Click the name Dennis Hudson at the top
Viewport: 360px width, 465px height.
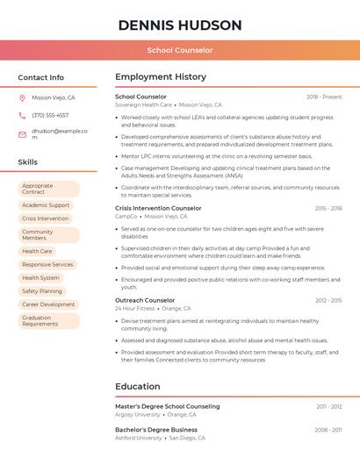pyautogui.click(x=180, y=25)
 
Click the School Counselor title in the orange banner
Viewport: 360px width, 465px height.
pyautogui.click(x=180, y=50)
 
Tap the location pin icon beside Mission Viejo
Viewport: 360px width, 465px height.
pyautogui.click(x=22, y=98)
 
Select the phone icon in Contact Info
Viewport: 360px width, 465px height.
pyautogui.click(x=22, y=115)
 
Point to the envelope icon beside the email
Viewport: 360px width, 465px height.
pyautogui.click(x=22, y=134)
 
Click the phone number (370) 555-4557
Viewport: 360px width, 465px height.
pyautogui.click(x=50, y=115)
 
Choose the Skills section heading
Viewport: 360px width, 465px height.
pyautogui.click(x=28, y=162)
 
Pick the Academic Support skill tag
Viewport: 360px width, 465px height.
pyautogui.click(x=46, y=205)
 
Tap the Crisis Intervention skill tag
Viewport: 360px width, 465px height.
pyautogui.click(x=45, y=218)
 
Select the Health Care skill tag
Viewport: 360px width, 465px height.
pyautogui.click(x=37, y=251)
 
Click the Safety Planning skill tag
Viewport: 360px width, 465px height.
pyautogui.click(x=42, y=290)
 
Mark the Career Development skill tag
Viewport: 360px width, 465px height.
pyautogui.click(x=48, y=304)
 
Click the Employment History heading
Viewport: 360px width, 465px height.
pyautogui.click(x=161, y=77)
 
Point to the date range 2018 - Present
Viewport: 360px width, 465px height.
pyautogui.click(x=324, y=97)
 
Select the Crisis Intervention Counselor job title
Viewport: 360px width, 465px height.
pyautogui.click(x=158, y=208)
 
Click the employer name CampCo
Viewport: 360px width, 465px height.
pyautogui.click(x=126, y=216)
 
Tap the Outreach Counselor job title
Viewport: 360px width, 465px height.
pyautogui.click(x=145, y=300)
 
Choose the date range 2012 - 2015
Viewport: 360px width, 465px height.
pyautogui.click(x=328, y=300)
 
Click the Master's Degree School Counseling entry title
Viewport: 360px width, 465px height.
pyautogui.click(x=168, y=406)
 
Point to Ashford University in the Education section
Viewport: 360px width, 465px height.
pyautogui.click(x=138, y=437)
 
